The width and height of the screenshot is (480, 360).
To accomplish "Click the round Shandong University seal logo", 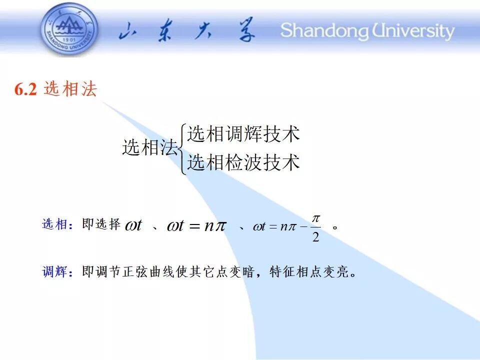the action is [69, 29].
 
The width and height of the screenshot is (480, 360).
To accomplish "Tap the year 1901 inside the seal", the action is [70, 39].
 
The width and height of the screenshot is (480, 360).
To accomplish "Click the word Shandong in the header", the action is [324, 31].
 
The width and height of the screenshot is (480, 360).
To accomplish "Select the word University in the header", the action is [413, 31].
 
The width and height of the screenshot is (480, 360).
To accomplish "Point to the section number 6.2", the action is [25, 89].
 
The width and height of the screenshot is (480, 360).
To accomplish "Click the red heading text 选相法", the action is [70, 89].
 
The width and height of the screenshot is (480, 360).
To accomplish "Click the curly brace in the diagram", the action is [182, 149].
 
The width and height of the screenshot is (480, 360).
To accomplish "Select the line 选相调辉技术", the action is [243, 134].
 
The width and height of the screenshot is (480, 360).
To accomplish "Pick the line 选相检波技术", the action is [243, 162].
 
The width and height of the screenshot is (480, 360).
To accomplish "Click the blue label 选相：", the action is [57, 224].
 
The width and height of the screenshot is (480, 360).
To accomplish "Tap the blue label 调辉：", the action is [57, 271].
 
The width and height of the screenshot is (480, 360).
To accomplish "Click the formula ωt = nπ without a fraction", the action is [196, 226].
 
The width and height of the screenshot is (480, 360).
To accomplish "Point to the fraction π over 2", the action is [316, 228].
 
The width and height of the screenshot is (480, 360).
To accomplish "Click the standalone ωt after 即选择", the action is [134, 225].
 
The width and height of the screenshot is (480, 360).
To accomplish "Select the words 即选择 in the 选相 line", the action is [101, 224].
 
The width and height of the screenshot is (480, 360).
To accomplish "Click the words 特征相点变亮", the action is [309, 271].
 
